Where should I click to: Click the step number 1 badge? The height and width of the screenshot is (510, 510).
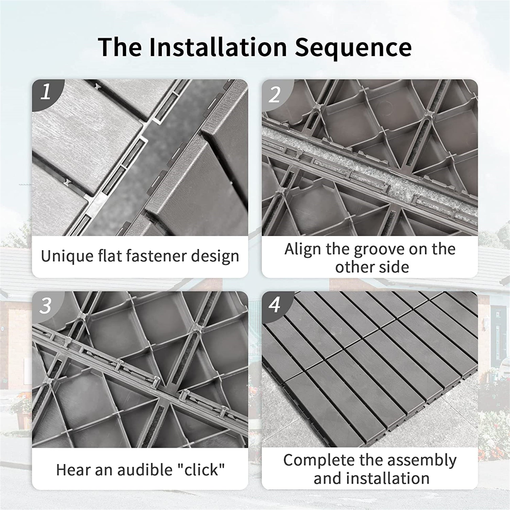(x=46, y=93)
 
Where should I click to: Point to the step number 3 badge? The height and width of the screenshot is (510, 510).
(x=45, y=306)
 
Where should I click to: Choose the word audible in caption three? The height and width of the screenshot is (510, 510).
(x=143, y=470)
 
